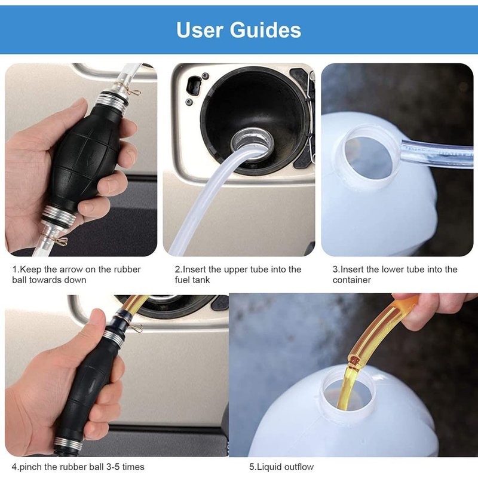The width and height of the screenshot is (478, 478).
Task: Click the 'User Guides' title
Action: click(x=238, y=30)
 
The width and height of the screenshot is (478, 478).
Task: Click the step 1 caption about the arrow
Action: click(x=76, y=274)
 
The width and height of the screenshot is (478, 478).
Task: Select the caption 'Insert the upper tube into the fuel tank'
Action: click(x=238, y=274)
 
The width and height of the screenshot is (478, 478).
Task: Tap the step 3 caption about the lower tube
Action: click(x=395, y=274)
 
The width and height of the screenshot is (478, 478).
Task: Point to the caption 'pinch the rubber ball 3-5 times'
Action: click(x=78, y=467)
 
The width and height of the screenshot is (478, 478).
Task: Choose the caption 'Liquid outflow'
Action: click(x=281, y=467)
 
